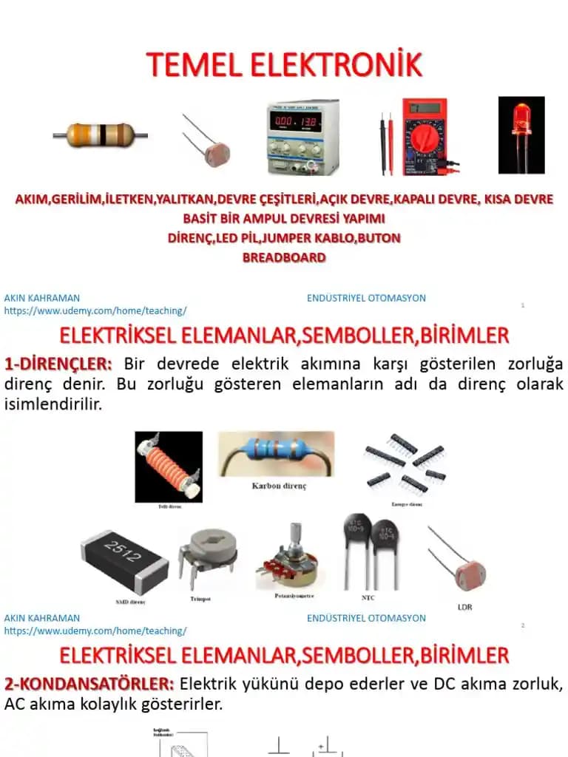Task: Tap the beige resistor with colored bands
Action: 100,135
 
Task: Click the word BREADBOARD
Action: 284,258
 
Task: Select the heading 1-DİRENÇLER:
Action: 58,364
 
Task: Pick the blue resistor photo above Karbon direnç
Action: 276,455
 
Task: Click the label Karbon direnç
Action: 279,486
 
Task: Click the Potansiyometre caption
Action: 294,595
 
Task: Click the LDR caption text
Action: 464,607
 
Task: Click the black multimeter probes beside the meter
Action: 385,144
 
